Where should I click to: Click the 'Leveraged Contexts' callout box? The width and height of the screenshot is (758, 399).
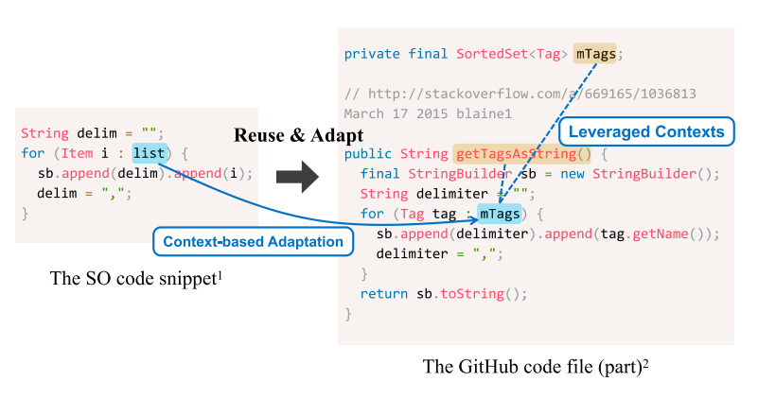(646, 131)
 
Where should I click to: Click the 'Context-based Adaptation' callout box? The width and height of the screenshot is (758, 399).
(253, 242)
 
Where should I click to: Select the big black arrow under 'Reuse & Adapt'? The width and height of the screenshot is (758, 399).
(296, 175)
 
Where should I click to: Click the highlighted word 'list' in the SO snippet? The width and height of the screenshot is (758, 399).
(150, 152)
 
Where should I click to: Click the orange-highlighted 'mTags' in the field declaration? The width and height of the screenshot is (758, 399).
(596, 54)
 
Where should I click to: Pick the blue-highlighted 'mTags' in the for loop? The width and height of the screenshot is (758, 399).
(499, 214)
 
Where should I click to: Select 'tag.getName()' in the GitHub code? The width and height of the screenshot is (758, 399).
(659, 234)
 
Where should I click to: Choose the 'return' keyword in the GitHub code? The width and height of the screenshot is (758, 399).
(384, 293)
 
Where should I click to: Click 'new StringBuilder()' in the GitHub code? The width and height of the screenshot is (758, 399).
(635, 173)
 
